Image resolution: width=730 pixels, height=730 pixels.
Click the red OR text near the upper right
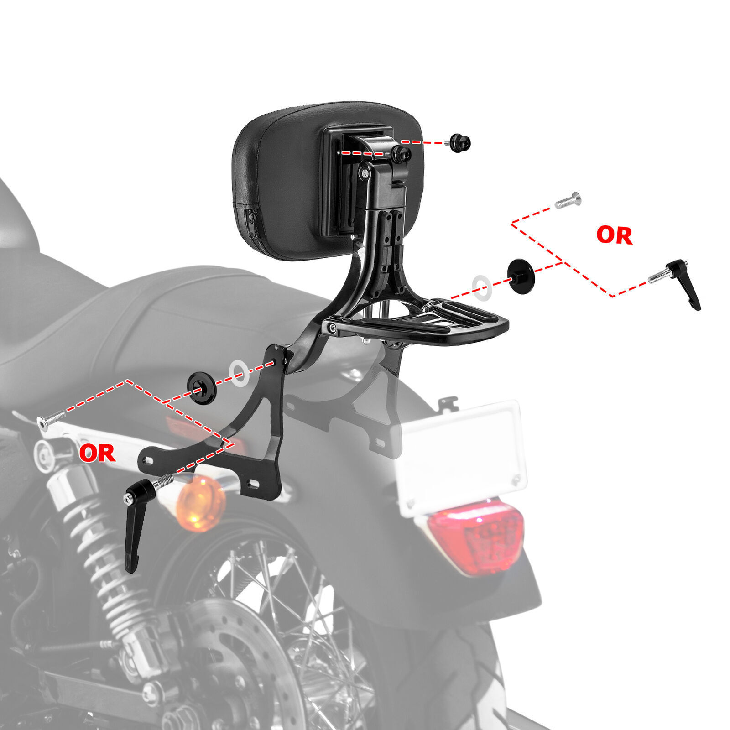[614, 235]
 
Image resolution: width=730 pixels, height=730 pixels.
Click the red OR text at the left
[97, 453]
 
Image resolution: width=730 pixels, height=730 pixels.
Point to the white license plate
[461, 456]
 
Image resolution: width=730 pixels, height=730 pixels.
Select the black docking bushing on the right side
[520, 276]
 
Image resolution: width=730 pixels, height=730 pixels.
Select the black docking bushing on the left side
[202, 387]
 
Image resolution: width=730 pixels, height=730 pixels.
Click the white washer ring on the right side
[482, 287]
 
